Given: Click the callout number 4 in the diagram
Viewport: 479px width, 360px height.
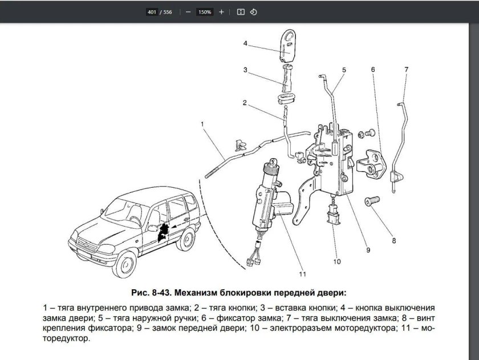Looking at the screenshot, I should pyautogui.click(x=245, y=43).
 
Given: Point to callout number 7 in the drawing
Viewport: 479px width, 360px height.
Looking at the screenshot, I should pyautogui.click(x=406, y=70).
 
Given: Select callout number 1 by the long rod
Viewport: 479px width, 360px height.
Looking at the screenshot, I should pyautogui.click(x=201, y=123).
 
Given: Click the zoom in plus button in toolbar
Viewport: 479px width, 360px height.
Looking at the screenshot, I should pyautogui.click(x=221, y=11).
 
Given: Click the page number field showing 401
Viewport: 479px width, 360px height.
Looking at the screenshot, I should pyautogui.click(x=151, y=11).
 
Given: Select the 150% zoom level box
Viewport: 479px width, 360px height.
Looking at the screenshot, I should pyautogui.click(x=205, y=11).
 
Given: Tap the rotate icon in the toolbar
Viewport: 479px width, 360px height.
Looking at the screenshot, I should pyautogui.click(x=254, y=11).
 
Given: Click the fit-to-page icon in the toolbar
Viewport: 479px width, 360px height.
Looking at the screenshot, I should pyautogui.click(x=240, y=11).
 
